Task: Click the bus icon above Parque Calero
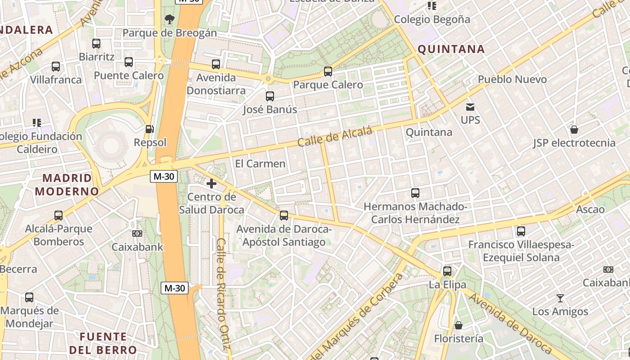(328, 72)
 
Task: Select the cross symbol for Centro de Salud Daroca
(211, 184)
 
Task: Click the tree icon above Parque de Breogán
(170, 19)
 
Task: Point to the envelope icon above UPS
(470, 107)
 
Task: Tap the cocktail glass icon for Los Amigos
(560, 298)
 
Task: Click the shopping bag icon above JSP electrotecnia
(574, 130)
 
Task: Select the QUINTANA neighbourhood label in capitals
(451, 49)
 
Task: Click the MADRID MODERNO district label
(67, 184)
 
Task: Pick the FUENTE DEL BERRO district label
(103, 343)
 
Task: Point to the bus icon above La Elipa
(447, 271)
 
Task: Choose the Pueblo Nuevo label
(512, 79)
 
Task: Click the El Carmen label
(260, 163)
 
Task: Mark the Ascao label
(590, 209)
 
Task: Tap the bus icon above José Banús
(270, 96)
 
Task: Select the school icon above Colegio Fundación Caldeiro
(37, 122)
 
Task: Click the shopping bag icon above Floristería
(458, 325)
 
